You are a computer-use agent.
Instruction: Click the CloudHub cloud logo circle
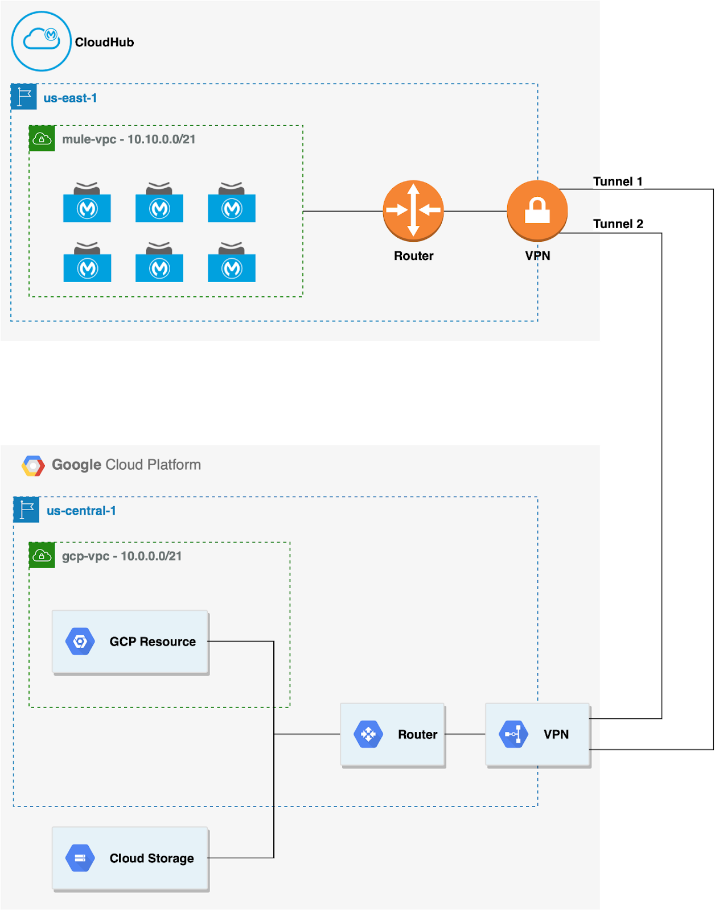(41, 41)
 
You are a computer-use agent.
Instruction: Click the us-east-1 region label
(70, 98)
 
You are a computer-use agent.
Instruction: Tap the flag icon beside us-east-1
(24, 97)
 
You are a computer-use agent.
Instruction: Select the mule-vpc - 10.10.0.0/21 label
(129, 139)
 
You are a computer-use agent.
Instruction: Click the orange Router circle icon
(413, 210)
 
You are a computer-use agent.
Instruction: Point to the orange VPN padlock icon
(537, 210)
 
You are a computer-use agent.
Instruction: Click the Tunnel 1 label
(618, 181)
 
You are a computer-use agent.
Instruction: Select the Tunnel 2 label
(618, 224)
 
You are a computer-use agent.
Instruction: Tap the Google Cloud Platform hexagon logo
(33, 465)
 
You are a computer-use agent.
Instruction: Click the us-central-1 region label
(81, 511)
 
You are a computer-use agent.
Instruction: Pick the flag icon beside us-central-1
(26, 510)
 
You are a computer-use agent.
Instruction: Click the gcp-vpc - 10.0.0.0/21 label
(122, 556)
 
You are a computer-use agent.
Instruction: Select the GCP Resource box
(130, 642)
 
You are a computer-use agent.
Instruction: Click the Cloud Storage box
(130, 858)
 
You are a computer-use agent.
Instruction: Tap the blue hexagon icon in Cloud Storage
(80, 858)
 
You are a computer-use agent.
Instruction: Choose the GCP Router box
(393, 734)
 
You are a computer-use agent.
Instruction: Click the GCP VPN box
(538, 734)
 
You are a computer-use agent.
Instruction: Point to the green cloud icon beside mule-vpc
(42, 138)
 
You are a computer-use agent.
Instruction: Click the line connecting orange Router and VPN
(475, 211)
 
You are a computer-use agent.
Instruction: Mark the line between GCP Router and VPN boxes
(465, 734)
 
